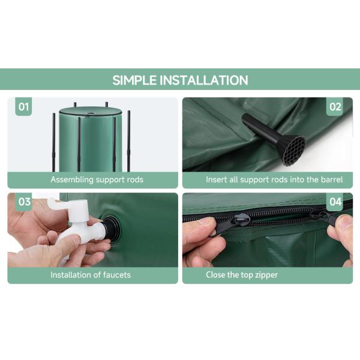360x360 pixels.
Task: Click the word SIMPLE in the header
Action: point(134,80)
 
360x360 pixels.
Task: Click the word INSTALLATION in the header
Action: point(204,80)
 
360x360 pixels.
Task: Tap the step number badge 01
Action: point(23,107)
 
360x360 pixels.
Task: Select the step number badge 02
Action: point(335,107)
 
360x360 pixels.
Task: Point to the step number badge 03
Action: point(24,202)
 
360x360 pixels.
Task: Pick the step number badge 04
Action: point(335,202)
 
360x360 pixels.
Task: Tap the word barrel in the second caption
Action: point(332,179)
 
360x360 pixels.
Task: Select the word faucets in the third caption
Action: point(117,275)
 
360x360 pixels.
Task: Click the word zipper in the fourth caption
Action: point(265,275)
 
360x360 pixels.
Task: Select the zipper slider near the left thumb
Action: point(241,220)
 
